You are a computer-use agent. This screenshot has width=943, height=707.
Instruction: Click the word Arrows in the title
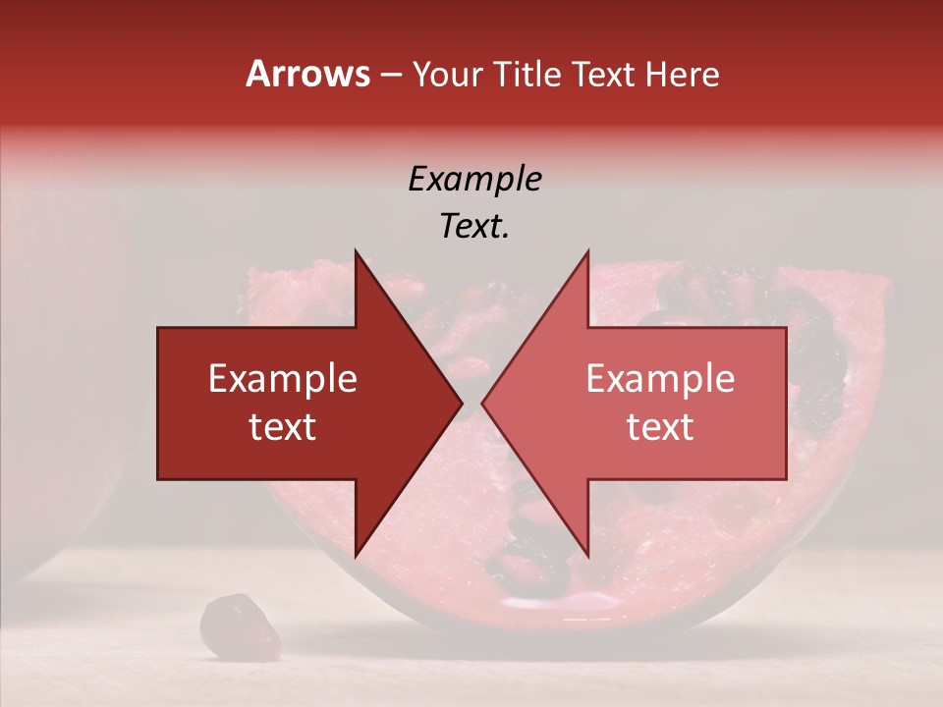(308, 74)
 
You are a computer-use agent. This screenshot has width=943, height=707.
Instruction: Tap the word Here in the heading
(682, 74)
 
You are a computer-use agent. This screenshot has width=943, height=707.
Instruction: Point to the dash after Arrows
(390, 75)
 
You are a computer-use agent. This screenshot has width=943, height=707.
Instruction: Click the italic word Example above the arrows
(474, 180)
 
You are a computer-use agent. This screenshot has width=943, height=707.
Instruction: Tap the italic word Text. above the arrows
(474, 227)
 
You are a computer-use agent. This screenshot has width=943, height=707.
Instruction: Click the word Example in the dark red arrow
(283, 379)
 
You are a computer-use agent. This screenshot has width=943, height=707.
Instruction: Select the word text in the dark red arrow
(283, 427)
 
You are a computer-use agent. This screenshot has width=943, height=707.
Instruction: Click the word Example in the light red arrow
(660, 379)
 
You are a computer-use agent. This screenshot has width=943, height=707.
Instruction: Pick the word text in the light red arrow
(660, 427)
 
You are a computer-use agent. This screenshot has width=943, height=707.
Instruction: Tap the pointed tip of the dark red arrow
(461, 403)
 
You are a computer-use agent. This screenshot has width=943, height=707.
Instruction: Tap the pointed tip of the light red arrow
(483, 403)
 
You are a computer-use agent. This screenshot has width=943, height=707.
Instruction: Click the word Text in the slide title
(606, 74)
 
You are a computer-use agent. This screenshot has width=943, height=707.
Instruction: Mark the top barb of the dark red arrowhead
(356, 252)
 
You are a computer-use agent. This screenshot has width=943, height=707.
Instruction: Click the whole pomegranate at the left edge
(54, 393)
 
